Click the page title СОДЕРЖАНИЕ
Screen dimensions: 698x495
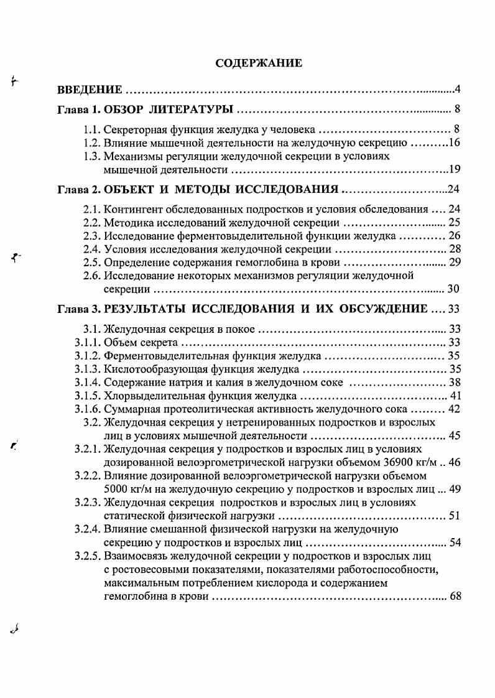(259, 63)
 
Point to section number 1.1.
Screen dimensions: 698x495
(92, 131)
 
